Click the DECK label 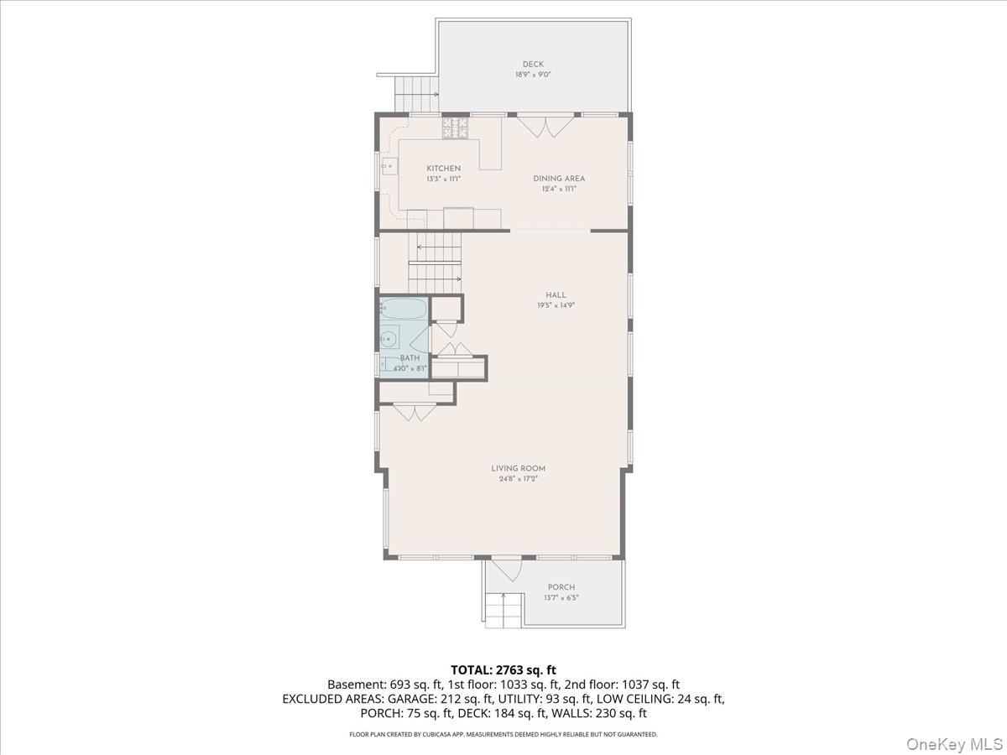point(533,65)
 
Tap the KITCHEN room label point(443,169)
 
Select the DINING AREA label point(559,179)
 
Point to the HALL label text point(556,295)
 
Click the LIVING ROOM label point(519,469)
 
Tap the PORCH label point(561,587)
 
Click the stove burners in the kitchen point(455,128)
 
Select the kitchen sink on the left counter point(389,167)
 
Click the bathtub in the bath point(404,310)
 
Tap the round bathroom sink point(389,340)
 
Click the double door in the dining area point(535,126)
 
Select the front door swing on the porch point(506,570)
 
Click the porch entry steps point(503,610)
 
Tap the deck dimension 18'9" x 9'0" point(533,75)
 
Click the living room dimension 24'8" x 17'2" point(519,479)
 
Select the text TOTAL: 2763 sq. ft point(503,669)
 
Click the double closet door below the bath point(415,413)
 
